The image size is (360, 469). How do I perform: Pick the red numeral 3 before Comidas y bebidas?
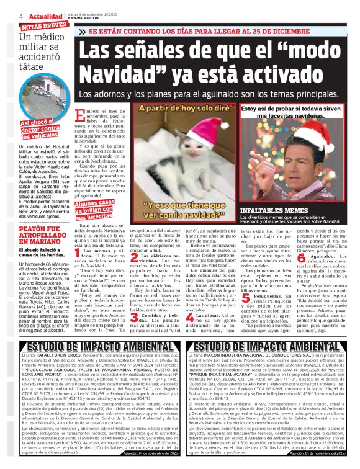tap(135, 318)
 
